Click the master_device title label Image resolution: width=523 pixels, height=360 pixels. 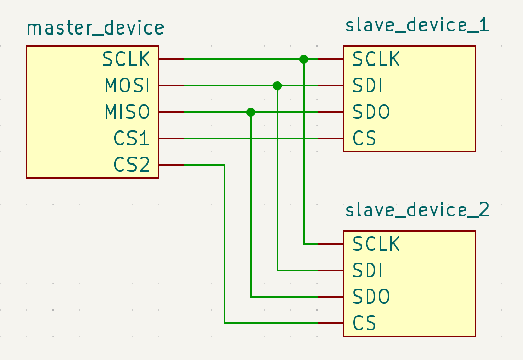coord(95,28)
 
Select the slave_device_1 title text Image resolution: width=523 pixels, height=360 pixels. coord(417,25)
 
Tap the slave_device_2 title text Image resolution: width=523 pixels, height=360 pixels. coord(417,210)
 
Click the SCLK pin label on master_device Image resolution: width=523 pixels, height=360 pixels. coord(126,59)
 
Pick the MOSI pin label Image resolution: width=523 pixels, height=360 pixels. coord(127,86)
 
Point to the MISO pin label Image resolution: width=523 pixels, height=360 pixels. coord(127,112)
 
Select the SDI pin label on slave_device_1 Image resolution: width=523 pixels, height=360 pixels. coord(367,86)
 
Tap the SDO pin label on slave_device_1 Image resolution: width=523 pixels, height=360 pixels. coord(371,112)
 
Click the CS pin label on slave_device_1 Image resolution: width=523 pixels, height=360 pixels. coord(364,139)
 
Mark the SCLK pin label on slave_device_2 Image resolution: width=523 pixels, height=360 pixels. coord(376,244)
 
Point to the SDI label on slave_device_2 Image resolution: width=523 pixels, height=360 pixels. coord(367,271)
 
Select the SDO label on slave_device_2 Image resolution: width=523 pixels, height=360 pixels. coord(371,297)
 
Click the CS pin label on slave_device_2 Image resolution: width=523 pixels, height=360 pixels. coord(364,323)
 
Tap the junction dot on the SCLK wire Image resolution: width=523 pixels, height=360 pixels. coord(304,59)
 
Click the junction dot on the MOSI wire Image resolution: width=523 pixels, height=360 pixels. coord(277,86)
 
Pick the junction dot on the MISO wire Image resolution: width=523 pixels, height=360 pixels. coord(251,112)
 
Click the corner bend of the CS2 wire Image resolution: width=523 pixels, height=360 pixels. coord(224,165)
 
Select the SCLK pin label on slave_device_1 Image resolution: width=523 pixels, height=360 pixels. coord(376,59)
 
